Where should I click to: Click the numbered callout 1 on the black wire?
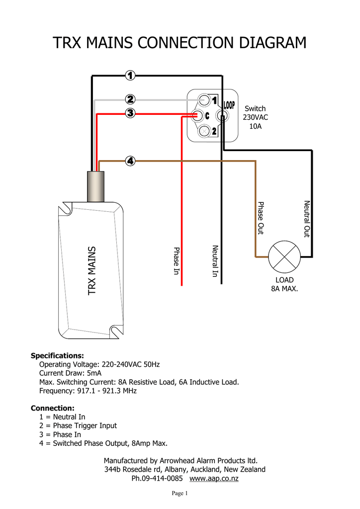(x=130, y=76)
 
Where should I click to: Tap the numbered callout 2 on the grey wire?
(x=130, y=99)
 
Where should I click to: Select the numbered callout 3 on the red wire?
(x=130, y=113)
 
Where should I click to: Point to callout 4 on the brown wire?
(x=130, y=161)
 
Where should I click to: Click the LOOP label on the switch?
(x=229, y=105)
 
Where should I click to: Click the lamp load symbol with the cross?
(x=284, y=256)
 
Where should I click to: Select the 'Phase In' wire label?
(x=176, y=260)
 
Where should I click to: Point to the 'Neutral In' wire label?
(x=215, y=261)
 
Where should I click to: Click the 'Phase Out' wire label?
(x=260, y=218)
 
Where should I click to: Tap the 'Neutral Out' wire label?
(x=306, y=219)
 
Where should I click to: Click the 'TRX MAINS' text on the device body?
(x=92, y=271)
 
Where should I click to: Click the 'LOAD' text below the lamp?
(x=284, y=280)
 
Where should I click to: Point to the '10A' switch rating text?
(x=255, y=126)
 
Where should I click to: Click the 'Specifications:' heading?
(x=57, y=356)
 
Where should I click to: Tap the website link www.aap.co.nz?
(x=214, y=479)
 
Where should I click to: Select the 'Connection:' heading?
(x=53, y=408)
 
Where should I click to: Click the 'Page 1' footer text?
(x=180, y=494)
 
